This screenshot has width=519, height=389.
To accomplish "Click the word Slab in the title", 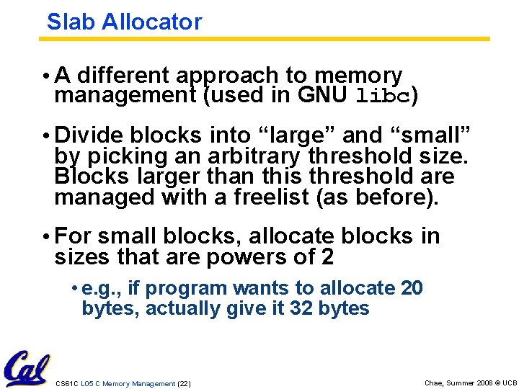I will [71, 22].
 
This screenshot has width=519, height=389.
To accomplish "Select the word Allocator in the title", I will [151, 22].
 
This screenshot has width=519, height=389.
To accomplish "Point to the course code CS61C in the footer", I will [67, 384].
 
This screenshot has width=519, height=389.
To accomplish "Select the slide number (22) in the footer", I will [184, 384].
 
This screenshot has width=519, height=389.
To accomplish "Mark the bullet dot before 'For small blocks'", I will [45, 237].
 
